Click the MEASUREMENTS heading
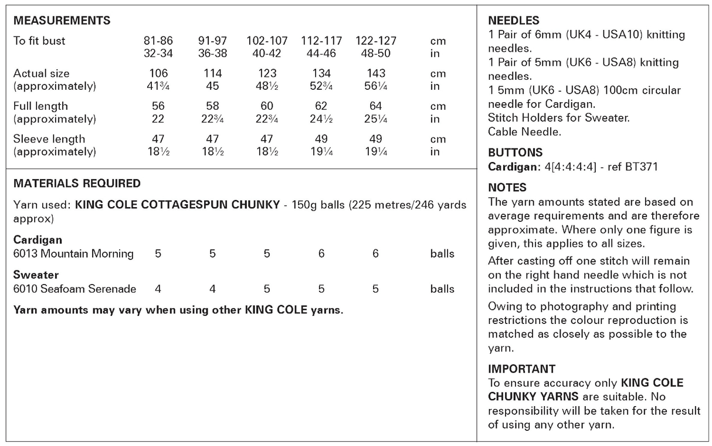62,21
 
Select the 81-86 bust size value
158,41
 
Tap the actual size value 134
321,74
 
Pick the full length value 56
158,106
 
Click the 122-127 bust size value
376,41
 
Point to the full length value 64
376,106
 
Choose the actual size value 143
376,74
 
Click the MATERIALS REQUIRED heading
77,184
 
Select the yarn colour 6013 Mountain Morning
73,254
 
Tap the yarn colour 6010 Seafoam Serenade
74,289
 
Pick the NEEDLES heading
513,21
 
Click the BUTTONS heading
515,153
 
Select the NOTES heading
507,188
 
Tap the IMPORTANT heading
521,369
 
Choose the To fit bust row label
39,41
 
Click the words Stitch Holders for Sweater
558,118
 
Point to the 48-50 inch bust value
376,54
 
